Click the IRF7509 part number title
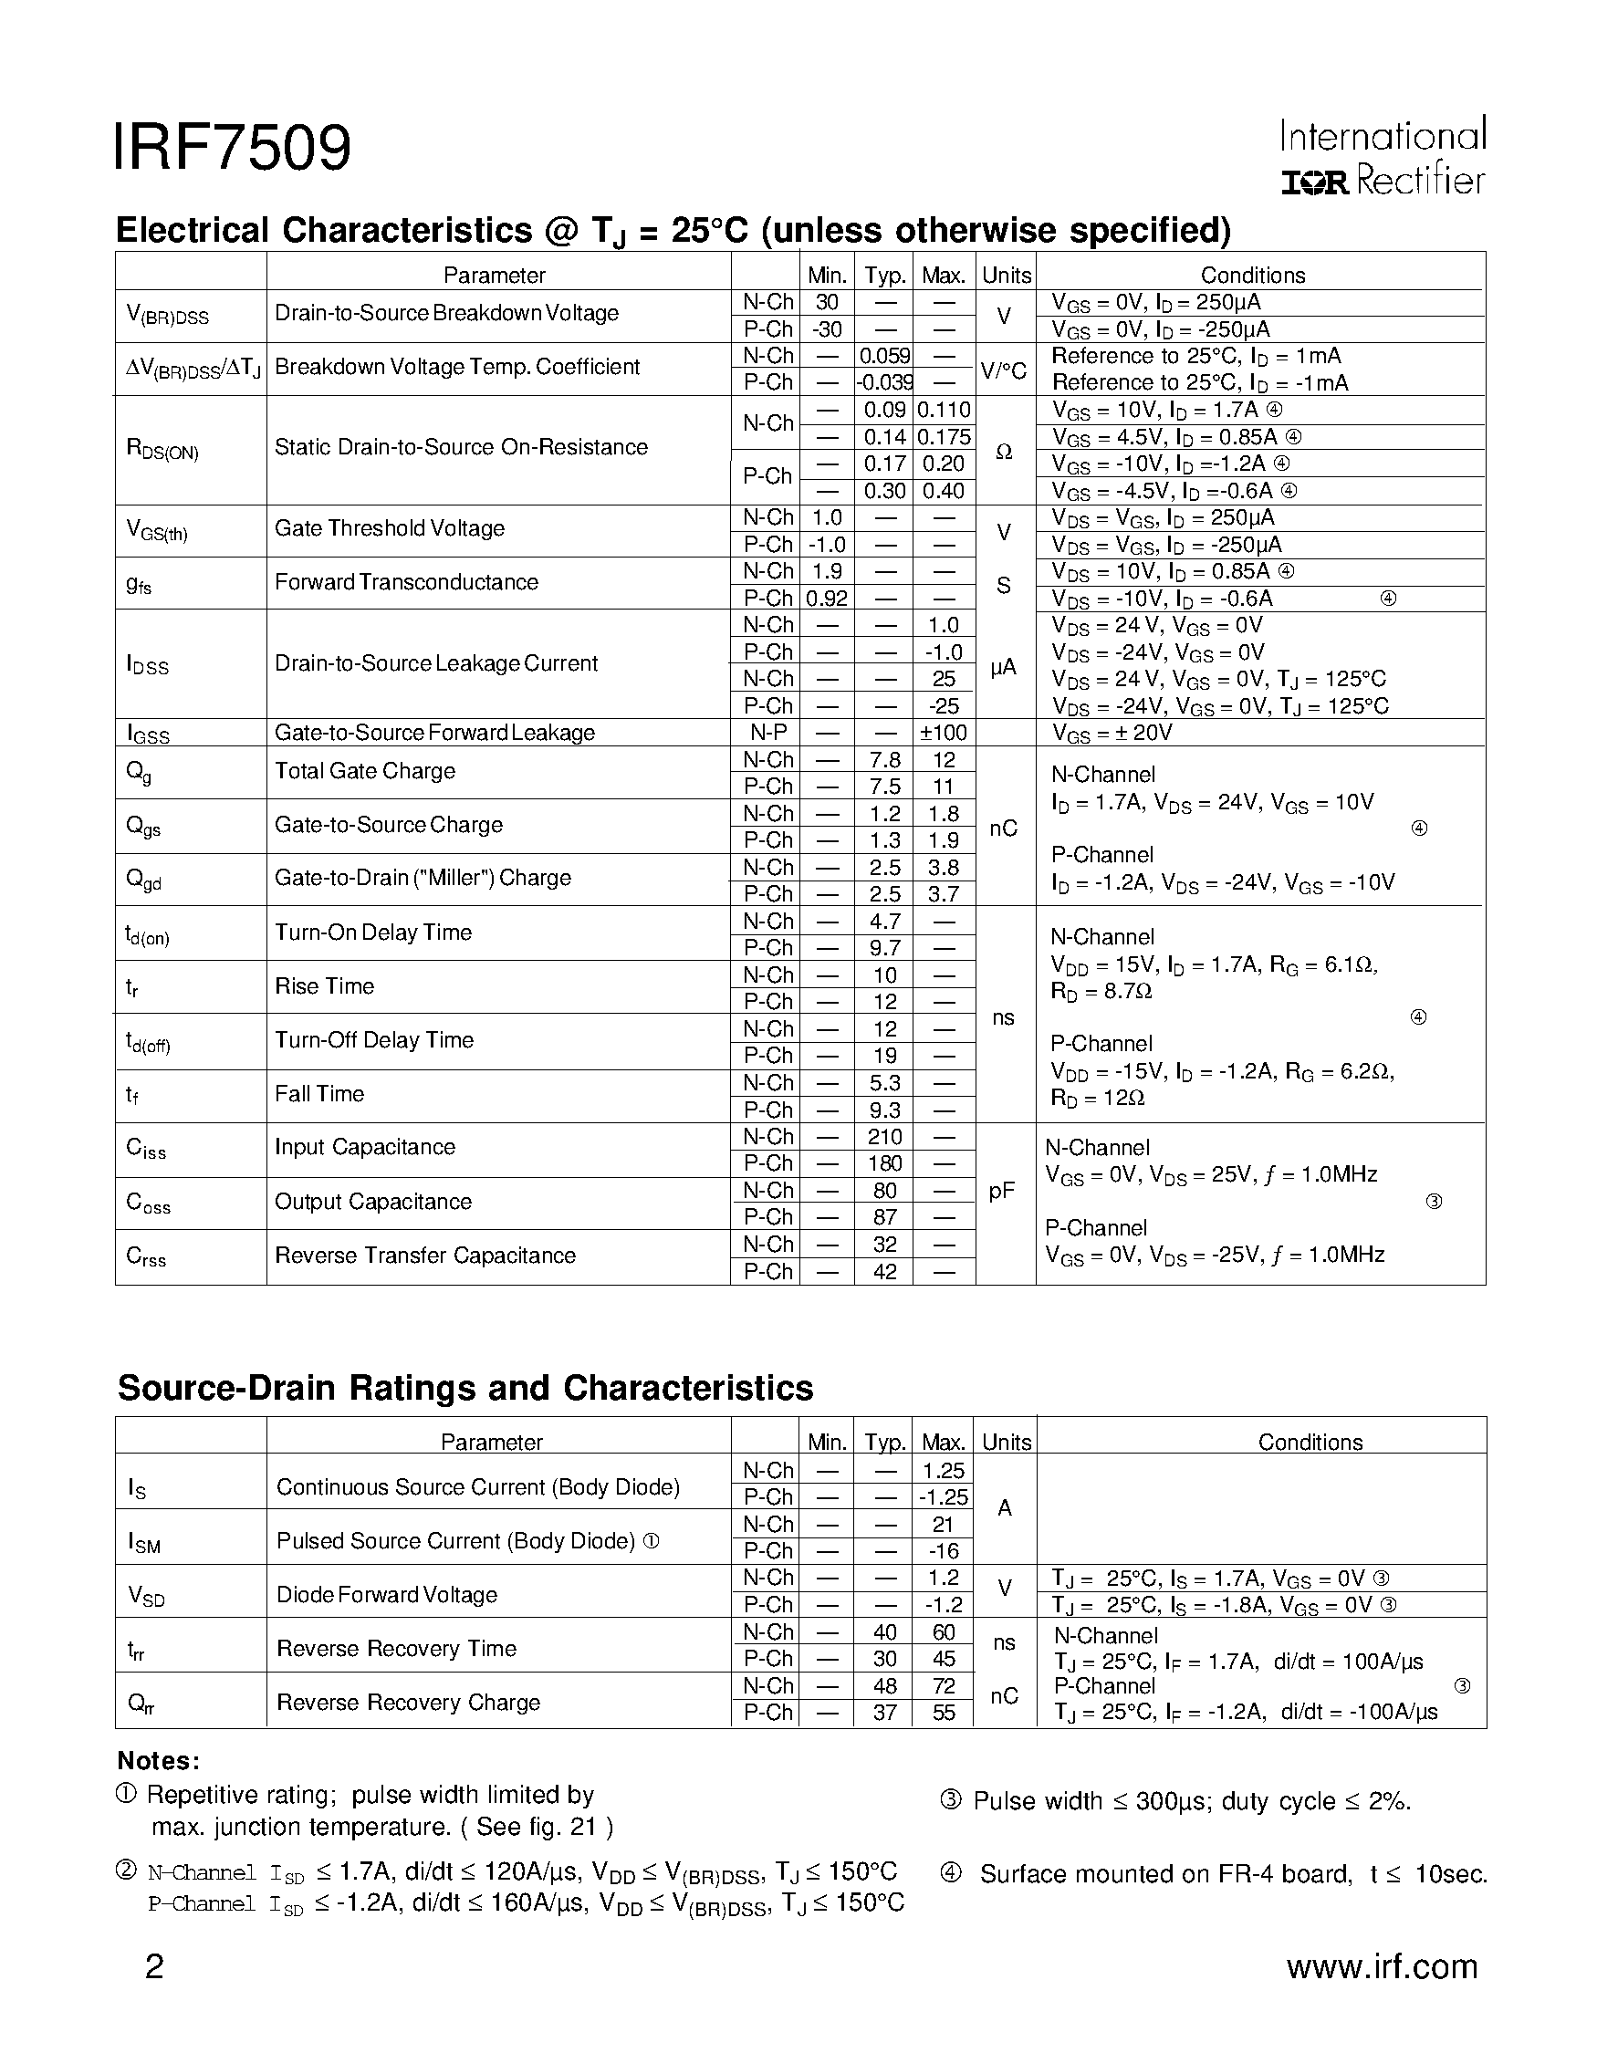coord(232,148)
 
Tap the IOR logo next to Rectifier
coord(1314,182)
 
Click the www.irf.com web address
coord(1382,1966)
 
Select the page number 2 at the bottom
coord(154,1966)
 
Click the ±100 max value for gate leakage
coord(943,733)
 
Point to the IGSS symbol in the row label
coord(148,734)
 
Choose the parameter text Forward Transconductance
coord(406,582)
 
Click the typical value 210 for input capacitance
coord(884,1137)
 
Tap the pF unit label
coord(1002,1190)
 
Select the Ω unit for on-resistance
coord(1003,453)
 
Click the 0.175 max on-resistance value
coord(944,437)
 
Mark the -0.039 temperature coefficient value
coord(883,382)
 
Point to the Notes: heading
coord(158,1761)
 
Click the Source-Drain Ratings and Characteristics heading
coord(465,1388)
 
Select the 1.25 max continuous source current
coord(944,1470)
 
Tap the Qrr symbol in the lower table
coord(140,1704)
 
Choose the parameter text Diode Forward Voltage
coord(386,1594)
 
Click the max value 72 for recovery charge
coord(944,1685)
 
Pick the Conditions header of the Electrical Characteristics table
coord(1252,276)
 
